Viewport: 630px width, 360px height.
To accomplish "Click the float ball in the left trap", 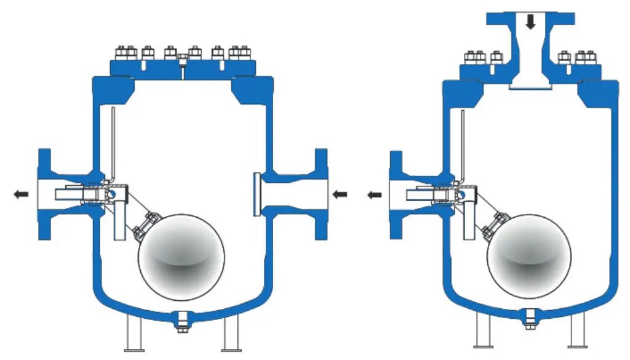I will pyautogui.click(x=181, y=257).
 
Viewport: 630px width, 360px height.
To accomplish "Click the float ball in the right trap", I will pyautogui.click(x=529, y=257).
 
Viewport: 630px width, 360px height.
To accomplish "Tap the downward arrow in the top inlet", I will pyautogui.click(x=530, y=22).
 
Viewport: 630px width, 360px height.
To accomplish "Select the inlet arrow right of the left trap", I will pyautogui.click(x=340, y=194).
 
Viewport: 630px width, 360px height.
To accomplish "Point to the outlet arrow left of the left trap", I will pyautogui.click(x=21, y=194).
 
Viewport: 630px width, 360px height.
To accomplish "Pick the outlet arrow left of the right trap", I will pyautogui.click(x=374, y=194).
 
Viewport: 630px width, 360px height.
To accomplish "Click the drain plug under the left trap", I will pyautogui.click(x=181, y=321).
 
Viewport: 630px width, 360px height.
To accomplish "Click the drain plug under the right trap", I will pyautogui.click(x=529, y=321).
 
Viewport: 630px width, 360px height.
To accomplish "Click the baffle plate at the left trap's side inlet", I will pyautogui.click(x=255, y=194).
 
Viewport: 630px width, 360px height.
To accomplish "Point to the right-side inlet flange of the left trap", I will pyautogui.click(x=321, y=194).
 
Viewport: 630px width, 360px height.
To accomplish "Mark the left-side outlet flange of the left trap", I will pyautogui.click(x=44, y=194).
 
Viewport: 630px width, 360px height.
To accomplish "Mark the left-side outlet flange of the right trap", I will pyautogui.click(x=396, y=194).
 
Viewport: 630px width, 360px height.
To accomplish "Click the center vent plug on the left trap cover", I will pyautogui.click(x=183, y=60).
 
